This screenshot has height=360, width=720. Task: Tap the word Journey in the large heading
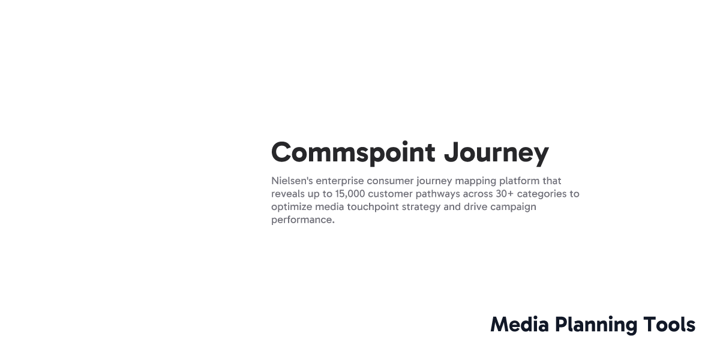tap(496, 152)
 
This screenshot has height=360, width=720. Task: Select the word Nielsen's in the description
tap(292, 181)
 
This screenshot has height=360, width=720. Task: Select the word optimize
tap(291, 207)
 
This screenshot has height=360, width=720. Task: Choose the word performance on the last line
tap(302, 220)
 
